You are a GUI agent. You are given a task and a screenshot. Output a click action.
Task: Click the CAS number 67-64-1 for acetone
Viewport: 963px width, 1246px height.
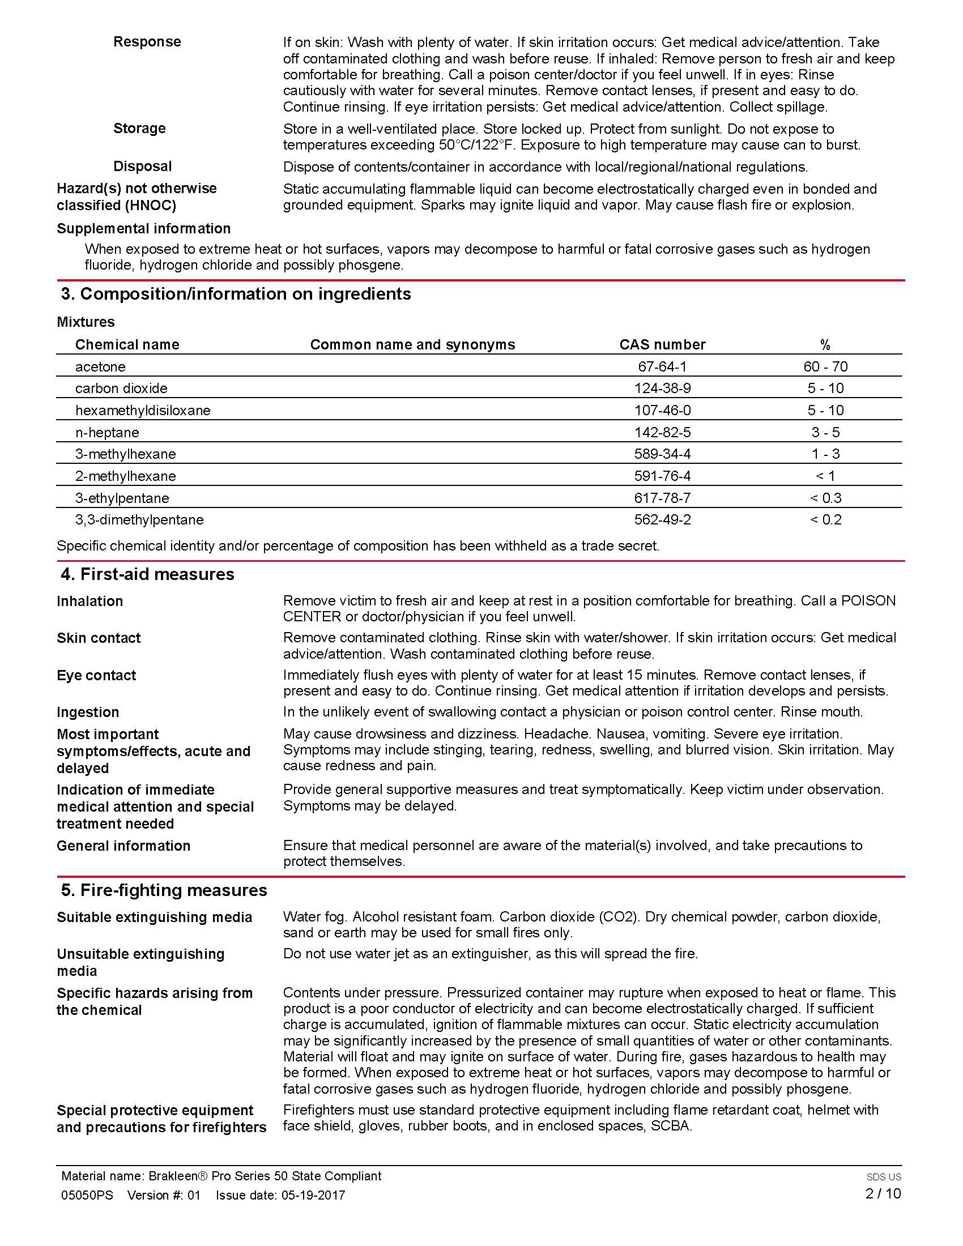(x=662, y=366)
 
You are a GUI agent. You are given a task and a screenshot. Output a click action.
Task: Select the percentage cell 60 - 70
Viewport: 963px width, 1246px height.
(x=825, y=366)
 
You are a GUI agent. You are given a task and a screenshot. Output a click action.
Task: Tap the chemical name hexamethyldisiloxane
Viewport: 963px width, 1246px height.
(x=143, y=410)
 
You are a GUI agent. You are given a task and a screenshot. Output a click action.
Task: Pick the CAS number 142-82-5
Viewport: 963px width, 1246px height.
(x=662, y=433)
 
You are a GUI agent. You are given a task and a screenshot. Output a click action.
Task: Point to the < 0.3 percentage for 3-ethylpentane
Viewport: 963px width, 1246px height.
(x=825, y=498)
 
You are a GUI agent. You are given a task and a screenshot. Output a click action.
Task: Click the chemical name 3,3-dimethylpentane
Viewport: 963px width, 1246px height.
(x=139, y=520)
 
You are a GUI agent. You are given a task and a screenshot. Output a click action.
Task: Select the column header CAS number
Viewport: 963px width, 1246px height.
(x=662, y=344)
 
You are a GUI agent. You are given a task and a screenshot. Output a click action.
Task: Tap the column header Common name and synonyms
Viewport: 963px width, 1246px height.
(x=412, y=344)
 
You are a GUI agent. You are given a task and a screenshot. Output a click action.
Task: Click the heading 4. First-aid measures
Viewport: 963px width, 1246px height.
(x=147, y=574)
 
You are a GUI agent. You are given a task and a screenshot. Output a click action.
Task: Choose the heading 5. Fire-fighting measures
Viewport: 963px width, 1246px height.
(x=164, y=890)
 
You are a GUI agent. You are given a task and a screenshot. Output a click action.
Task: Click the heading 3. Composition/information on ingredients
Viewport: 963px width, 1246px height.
(x=236, y=294)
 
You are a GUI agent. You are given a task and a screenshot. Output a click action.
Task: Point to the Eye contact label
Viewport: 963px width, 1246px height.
(x=96, y=676)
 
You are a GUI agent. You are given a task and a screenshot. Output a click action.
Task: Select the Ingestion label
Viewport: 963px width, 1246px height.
(x=88, y=712)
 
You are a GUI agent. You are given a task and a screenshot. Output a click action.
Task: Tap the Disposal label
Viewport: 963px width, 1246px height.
(x=142, y=167)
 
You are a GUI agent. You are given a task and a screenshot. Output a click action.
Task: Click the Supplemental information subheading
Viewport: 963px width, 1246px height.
(x=143, y=229)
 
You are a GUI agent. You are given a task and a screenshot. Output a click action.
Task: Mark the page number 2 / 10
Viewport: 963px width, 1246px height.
(x=883, y=1193)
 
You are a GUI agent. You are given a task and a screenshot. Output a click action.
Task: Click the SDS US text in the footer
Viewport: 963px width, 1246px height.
(x=883, y=1177)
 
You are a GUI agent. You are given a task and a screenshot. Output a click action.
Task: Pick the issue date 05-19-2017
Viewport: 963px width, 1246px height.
(x=313, y=1195)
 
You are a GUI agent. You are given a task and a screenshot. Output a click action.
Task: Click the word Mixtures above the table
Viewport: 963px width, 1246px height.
(x=86, y=322)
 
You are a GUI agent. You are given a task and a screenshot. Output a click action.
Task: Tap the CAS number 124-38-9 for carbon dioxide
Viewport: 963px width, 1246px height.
(x=662, y=389)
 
